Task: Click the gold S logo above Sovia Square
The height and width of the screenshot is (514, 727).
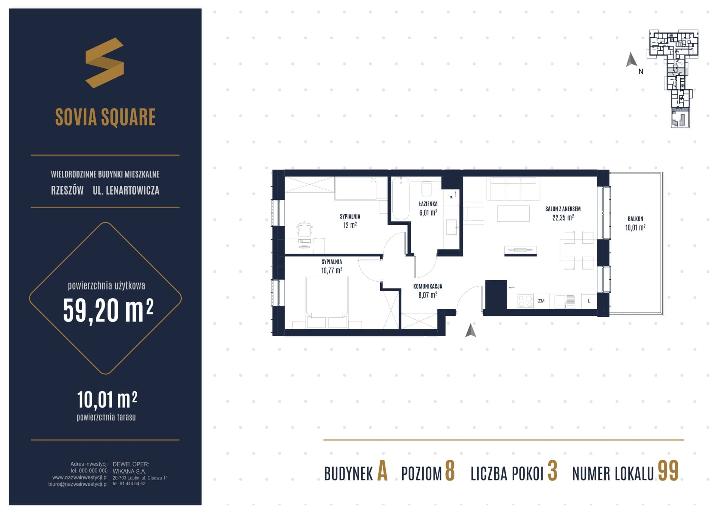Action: (105, 63)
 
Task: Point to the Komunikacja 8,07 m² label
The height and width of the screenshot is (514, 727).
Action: (428, 291)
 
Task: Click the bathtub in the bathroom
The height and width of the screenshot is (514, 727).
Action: (401, 199)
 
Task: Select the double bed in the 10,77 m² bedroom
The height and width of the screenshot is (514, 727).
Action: (327, 302)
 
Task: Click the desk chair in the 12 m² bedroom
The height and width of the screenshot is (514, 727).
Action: (305, 229)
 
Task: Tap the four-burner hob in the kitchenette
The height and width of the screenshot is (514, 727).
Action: (525, 301)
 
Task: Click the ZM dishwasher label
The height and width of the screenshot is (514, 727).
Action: (541, 301)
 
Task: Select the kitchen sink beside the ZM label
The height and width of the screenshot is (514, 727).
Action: (565, 301)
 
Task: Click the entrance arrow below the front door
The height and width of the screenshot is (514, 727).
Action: (471, 330)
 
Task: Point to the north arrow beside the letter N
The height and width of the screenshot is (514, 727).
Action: (631, 60)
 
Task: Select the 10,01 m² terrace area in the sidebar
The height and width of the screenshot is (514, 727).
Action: (107, 400)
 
